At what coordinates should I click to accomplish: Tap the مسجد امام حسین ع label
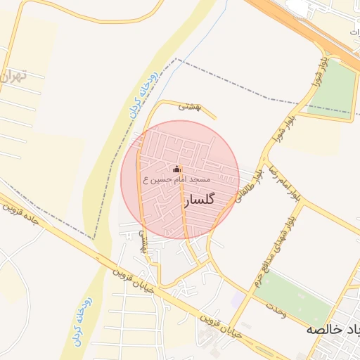(177, 181)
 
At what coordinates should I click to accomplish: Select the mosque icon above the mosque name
(177, 169)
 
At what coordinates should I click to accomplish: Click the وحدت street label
(275, 310)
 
